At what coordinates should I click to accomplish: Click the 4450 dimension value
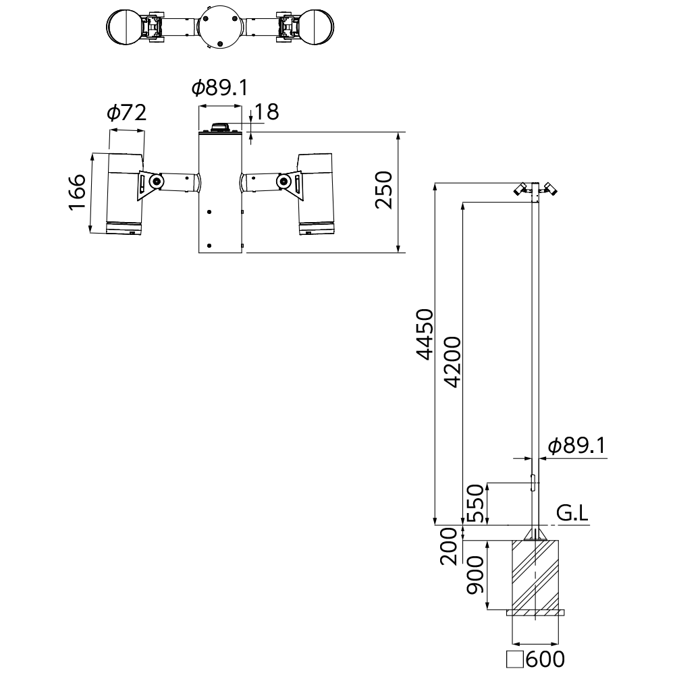click(x=425, y=334)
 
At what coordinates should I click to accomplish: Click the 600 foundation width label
click(x=545, y=659)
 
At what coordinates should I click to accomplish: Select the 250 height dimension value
click(x=383, y=190)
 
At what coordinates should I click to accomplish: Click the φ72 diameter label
click(x=127, y=113)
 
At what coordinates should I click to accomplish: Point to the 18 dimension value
click(x=267, y=112)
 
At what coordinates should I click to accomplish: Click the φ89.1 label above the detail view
click(x=220, y=88)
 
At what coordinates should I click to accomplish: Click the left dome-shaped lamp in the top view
click(x=124, y=26)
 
